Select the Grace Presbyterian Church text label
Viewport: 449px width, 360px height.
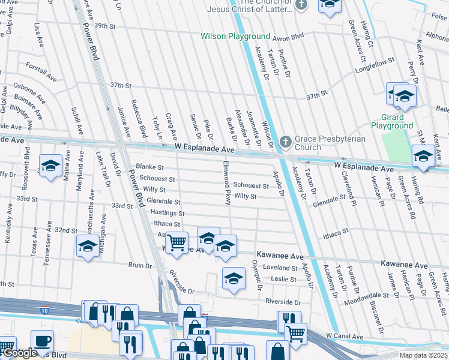point(327,143)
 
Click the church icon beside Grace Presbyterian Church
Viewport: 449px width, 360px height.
point(286,142)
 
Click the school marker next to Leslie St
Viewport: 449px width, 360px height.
point(234,277)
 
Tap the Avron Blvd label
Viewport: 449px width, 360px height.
point(289,37)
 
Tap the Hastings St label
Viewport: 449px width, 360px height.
point(167,213)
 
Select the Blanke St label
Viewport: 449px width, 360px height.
point(150,167)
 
